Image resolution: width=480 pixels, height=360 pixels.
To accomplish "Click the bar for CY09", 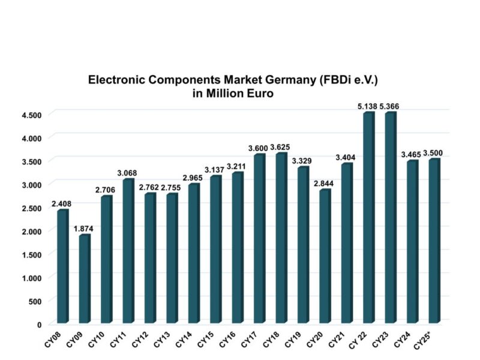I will point(84,279).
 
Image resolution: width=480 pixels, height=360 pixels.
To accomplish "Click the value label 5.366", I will point(389,106).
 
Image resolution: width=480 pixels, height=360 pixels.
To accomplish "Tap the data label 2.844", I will point(324,183).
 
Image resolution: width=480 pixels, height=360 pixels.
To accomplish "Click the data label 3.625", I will point(280,147).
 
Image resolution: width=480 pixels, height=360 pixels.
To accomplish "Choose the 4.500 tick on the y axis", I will point(31,115).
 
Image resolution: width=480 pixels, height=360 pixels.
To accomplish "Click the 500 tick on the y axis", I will point(35,301).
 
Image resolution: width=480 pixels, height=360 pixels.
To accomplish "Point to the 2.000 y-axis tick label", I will point(31,232).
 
